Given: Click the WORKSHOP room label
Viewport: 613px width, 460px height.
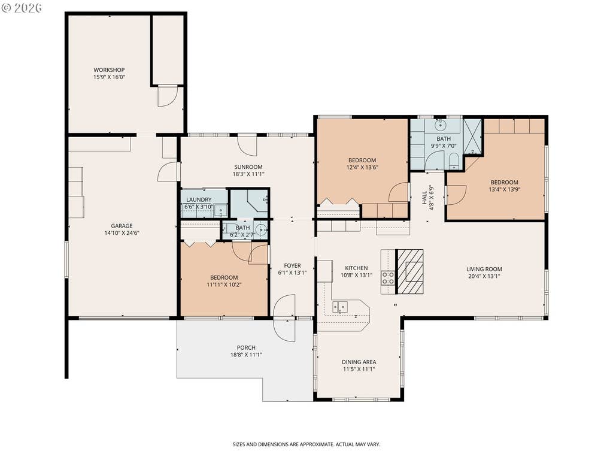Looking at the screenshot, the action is tap(109, 70).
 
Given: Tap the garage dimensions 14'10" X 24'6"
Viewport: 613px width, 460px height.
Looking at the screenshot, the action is tap(122, 233).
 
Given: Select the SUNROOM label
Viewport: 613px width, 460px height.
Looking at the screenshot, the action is tap(248, 167).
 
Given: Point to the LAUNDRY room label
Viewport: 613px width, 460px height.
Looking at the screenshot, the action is tap(199, 200).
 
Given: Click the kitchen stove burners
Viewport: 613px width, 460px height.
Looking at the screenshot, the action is tap(388, 278).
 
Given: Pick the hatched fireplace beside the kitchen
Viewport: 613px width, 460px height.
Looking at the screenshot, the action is tap(410, 271).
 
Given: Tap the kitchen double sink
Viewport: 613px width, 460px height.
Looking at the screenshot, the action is tap(340, 307).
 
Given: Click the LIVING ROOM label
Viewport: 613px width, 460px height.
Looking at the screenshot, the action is tap(484, 269).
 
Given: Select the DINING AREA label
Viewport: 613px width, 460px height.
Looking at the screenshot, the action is tap(359, 362).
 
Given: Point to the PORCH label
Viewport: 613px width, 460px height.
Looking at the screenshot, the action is tap(246, 348).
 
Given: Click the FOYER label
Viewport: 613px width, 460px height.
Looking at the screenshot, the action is tap(292, 266).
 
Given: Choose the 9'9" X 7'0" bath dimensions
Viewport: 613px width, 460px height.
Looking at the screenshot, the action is tap(444, 146).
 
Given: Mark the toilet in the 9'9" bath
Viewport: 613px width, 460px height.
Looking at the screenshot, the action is tap(454, 161).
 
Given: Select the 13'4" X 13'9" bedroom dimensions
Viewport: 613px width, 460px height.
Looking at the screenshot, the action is tap(504, 190).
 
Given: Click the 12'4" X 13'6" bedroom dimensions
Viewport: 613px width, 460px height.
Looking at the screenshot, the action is tap(362, 168).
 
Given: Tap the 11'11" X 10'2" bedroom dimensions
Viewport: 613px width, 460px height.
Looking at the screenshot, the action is tap(224, 285).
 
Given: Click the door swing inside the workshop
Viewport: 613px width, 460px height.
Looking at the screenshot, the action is tap(168, 96).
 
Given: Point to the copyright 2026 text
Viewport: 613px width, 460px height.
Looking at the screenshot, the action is tap(22, 7).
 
